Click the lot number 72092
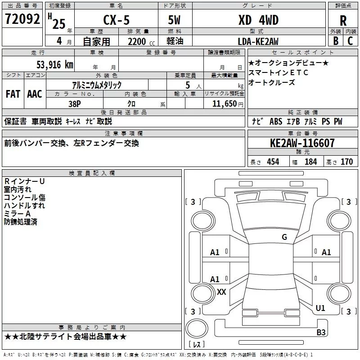(x=22, y=19)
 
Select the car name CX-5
(x=117, y=20)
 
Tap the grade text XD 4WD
(x=258, y=20)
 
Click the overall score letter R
(x=343, y=21)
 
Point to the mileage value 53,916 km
(x=55, y=64)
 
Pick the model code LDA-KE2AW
(x=258, y=41)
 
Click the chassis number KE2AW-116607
(x=302, y=143)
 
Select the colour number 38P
(x=75, y=104)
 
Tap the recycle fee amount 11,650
(x=225, y=103)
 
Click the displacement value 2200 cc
(x=141, y=41)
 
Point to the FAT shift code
(x=13, y=94)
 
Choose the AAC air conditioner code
(x=35, y=94)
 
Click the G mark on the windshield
(x=284, y=237)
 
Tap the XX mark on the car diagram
(x=221, y=292)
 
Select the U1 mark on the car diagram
(x=320, y=308)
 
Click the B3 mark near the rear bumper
(x=321, y=332)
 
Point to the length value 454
(x=273, y=162)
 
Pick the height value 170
(x=346, y=162)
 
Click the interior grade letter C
(x=350, y=41)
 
